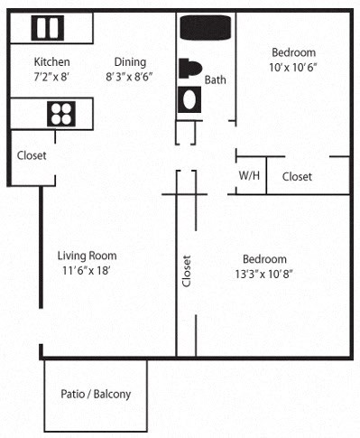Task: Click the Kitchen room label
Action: pos(51,61)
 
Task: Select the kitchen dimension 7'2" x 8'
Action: pos(51,77)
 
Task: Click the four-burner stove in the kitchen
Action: pos(60,114)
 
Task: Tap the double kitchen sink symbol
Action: pos(48,29)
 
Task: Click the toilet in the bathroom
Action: pos(190,69)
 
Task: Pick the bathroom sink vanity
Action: pos(189,99)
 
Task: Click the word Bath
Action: pos(216,79)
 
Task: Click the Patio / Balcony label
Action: pos(96,394)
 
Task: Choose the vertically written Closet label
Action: pos(187,270)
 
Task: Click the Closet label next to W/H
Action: pos(297,177)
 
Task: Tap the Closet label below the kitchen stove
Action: pos(31,155)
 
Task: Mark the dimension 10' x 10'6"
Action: pos(293,68)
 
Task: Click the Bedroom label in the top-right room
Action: pos(293,52)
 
